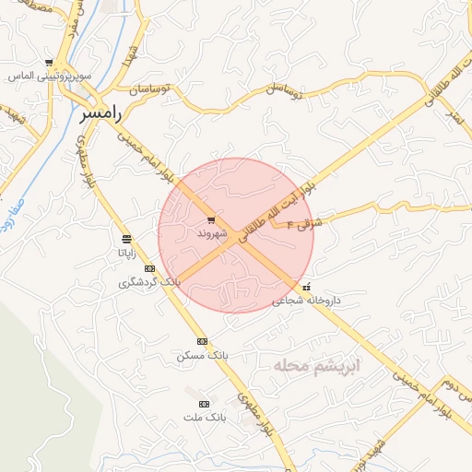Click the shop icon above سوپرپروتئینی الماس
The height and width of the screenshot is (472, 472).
(x=49, y=63)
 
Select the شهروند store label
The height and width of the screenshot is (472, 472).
(x=211, y=233)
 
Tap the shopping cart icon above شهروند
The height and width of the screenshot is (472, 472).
(x=211, y=220)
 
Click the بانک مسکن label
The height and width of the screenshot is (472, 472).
(x=202, y=355)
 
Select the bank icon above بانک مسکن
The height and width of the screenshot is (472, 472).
(x=202, y=342)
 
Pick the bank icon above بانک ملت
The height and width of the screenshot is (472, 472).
(x=204, y=404)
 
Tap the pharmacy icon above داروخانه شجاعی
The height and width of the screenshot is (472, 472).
(x=307, y=286)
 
